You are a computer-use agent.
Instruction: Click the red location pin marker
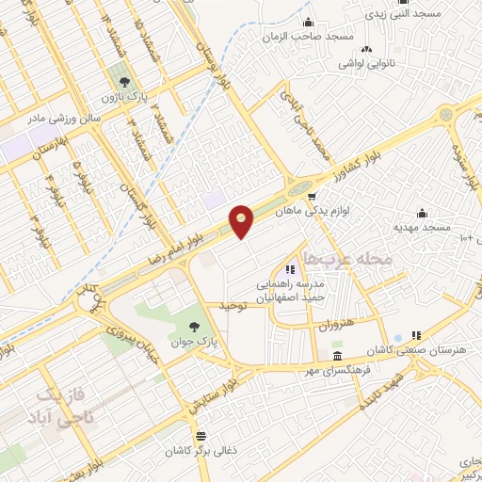tap(242, 220)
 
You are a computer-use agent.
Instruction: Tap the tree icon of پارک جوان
tap(194, 328)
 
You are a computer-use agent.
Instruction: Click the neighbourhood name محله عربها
tap(343, 256)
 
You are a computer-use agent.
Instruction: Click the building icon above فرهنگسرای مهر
tap(338, 356)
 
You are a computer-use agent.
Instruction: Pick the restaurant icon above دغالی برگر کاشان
tap(201, 436)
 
